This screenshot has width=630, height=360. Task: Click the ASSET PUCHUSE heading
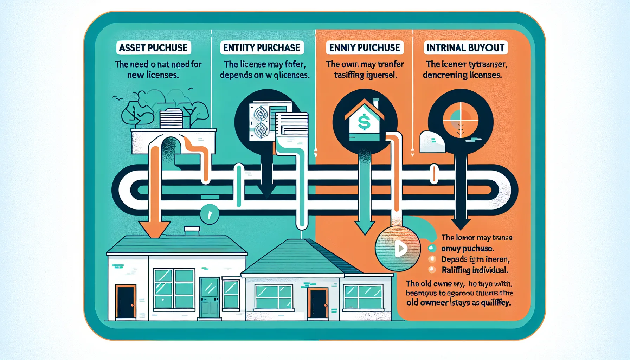tap(153, 48)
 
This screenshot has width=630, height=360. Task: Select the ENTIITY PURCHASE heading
tap(262, 48)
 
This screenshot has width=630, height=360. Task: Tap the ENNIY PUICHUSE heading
tap(365, 48)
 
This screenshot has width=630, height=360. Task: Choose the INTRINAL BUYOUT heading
tap(465, 48)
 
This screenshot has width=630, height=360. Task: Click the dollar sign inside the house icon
tap(364, 122)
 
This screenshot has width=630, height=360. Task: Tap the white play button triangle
tap(400, 249)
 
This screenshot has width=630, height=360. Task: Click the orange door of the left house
tap(126, 302)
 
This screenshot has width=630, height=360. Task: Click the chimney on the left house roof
tap(192, 231)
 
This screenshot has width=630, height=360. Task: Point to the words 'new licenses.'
tap(153, 75)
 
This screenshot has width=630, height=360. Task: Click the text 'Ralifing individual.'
tap(475, 270)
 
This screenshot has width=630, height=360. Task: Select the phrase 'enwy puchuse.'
tap(467, 249)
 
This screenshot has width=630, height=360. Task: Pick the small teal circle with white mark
tap(210, 213)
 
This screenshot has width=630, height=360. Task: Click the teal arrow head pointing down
tap(365, 228)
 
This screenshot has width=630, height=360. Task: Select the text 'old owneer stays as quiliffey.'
tap(458, 303)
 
